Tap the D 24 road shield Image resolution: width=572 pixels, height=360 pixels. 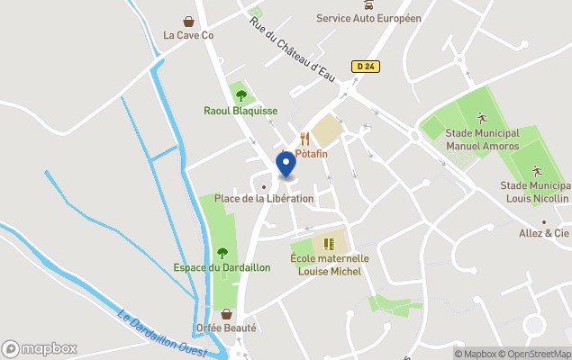(364, 66)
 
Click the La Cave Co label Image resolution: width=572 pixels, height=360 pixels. (188, 36)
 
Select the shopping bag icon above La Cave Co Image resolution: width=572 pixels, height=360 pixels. (188, 21)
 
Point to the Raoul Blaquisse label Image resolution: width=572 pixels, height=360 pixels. (240, 111)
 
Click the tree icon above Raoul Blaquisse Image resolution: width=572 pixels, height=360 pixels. (240, 95)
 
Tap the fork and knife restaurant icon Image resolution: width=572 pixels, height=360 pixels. (304, 139)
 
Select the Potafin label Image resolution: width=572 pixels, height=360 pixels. (311, 154)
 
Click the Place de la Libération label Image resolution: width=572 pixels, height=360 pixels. (263, 198)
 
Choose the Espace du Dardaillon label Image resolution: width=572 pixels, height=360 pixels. (222, 267)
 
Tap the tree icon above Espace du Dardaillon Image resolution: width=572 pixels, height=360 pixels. (222, 252)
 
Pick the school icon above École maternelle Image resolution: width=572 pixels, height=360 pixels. (329, 243)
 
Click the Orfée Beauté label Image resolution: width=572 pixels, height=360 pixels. (226, 328)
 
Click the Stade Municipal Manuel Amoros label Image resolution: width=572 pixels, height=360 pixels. (482, 139)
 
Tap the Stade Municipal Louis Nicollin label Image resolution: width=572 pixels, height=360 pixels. (535, 192)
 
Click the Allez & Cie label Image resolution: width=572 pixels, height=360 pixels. (543, 233)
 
